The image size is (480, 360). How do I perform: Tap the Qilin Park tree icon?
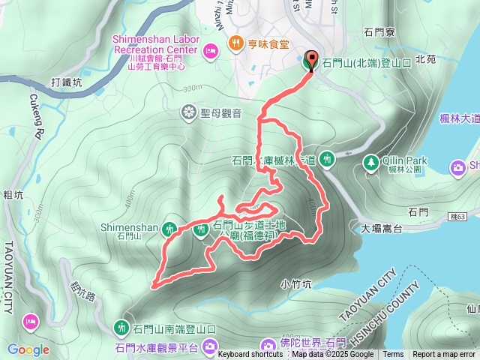tap(370, 161)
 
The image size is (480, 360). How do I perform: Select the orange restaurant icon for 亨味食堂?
tap(236, 43)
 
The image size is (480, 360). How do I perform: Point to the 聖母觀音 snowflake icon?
tap(188, 112)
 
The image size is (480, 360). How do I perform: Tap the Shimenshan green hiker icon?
tap(170, 228)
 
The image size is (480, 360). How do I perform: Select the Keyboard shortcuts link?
tap(250, 355)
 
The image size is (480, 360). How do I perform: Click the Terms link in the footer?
tap(393, 355)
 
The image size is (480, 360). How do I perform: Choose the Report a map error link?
tap(444, 355)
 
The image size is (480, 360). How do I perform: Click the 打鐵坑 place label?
tap(66, 82)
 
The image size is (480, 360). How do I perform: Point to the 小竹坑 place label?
tap(295, 283)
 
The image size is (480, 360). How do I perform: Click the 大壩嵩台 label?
tap(382, 227)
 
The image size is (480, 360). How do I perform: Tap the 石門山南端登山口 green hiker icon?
tap(122, 327)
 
